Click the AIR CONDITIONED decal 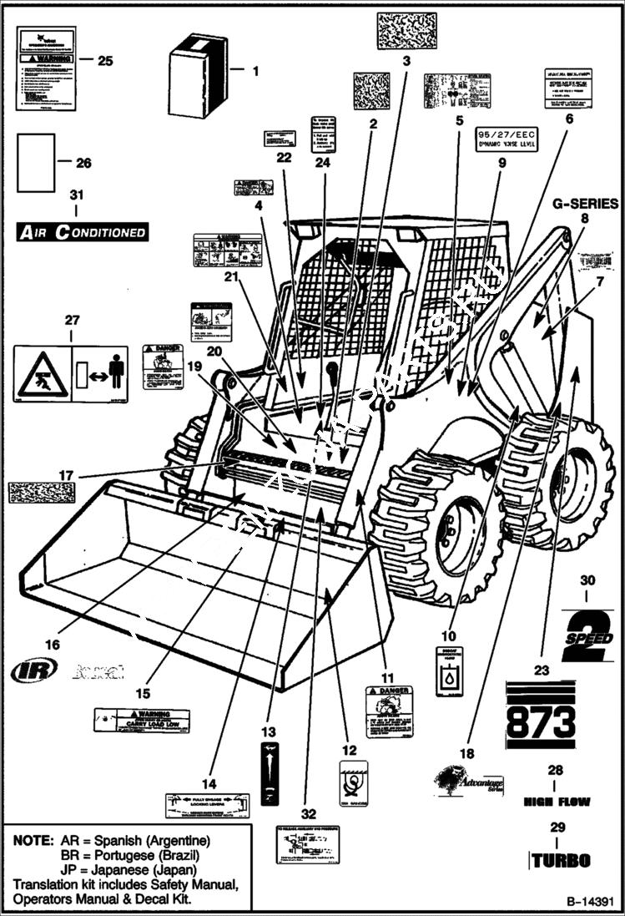coord(82,232)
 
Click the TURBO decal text coord(561,860)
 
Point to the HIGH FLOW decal coord(556,802)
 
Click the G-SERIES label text coord(585,203)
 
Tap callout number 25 coord(105,60)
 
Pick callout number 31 coord(77,195)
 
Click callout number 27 coord(72,319)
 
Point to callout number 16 coord(53,644)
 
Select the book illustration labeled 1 coord(198,76)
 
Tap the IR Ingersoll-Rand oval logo coord(34,670)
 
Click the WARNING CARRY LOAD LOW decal coord(141,721)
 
